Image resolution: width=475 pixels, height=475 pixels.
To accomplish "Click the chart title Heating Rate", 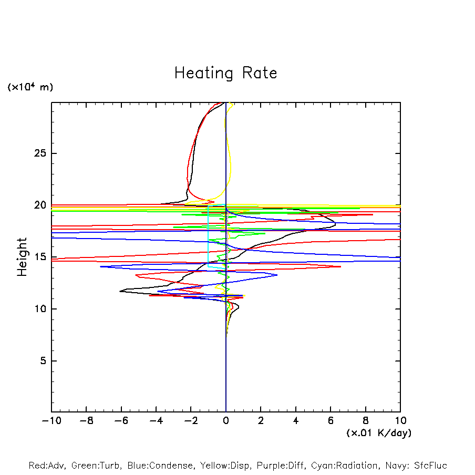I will point(225,73).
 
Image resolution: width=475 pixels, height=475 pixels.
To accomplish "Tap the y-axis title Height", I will point(22,257).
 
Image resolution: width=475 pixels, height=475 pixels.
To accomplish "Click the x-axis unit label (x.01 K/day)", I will point(378,433).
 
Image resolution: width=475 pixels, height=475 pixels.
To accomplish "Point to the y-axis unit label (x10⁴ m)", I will point(30,87).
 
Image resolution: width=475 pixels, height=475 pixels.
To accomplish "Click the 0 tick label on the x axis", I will point(226,421).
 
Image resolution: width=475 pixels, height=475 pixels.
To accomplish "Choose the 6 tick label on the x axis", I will point(331,421).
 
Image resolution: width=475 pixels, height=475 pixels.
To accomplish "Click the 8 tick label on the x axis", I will point(365,421).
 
